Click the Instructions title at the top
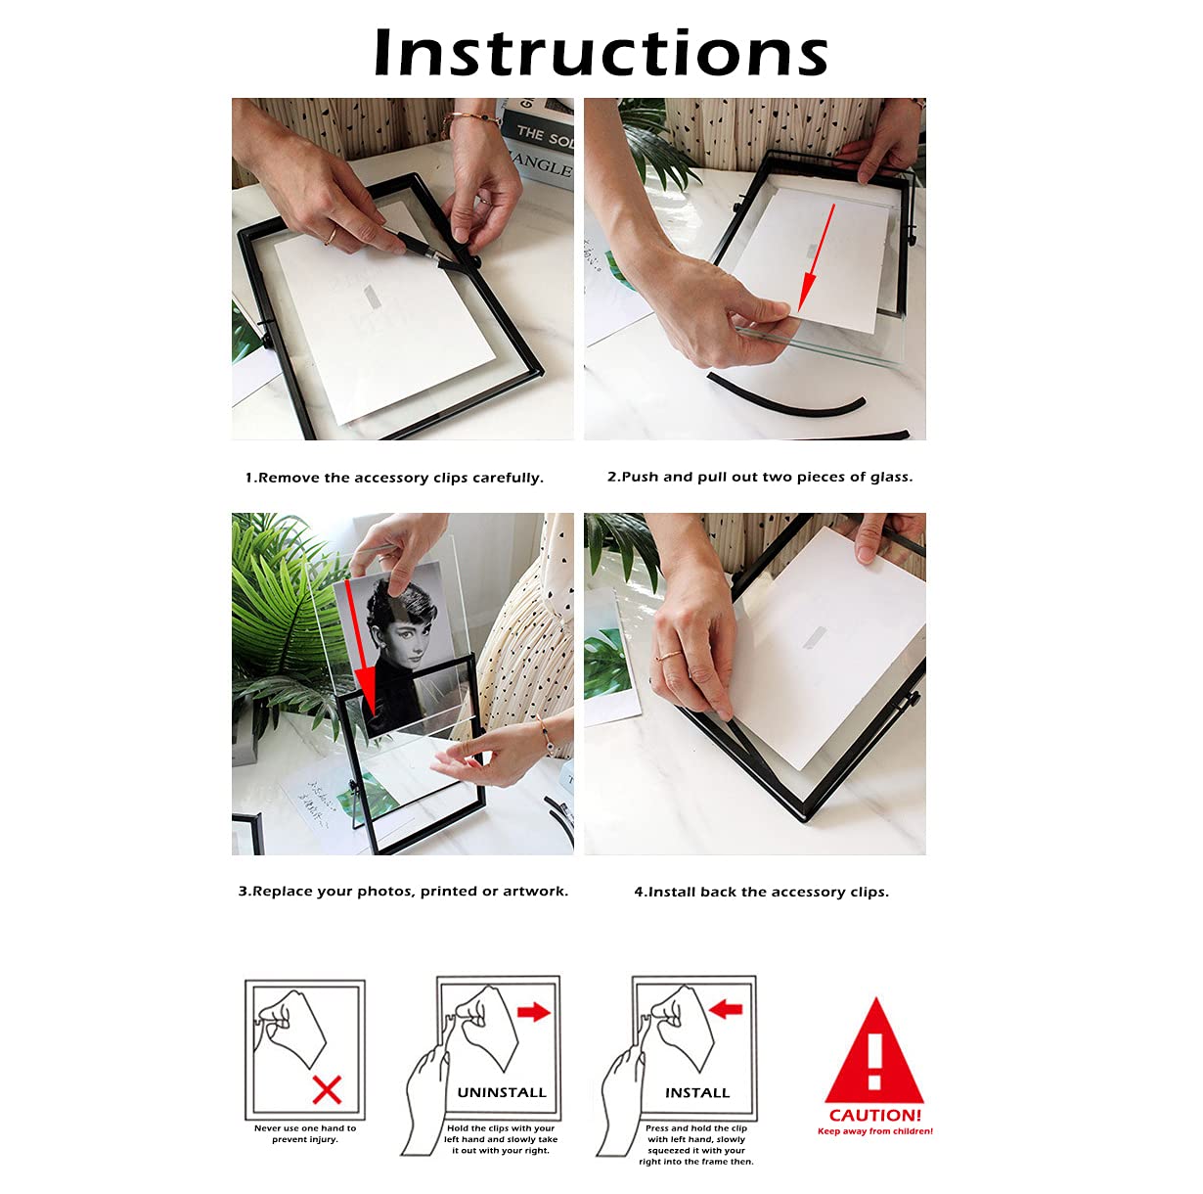(x=601, y=53)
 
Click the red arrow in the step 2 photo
(x=817, y=257)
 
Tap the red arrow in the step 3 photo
(x=362, y=651)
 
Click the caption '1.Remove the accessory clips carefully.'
(x=394, y=479)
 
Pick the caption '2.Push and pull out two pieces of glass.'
(x=760, y=478)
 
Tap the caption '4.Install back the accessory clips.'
(x=762, y=893)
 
